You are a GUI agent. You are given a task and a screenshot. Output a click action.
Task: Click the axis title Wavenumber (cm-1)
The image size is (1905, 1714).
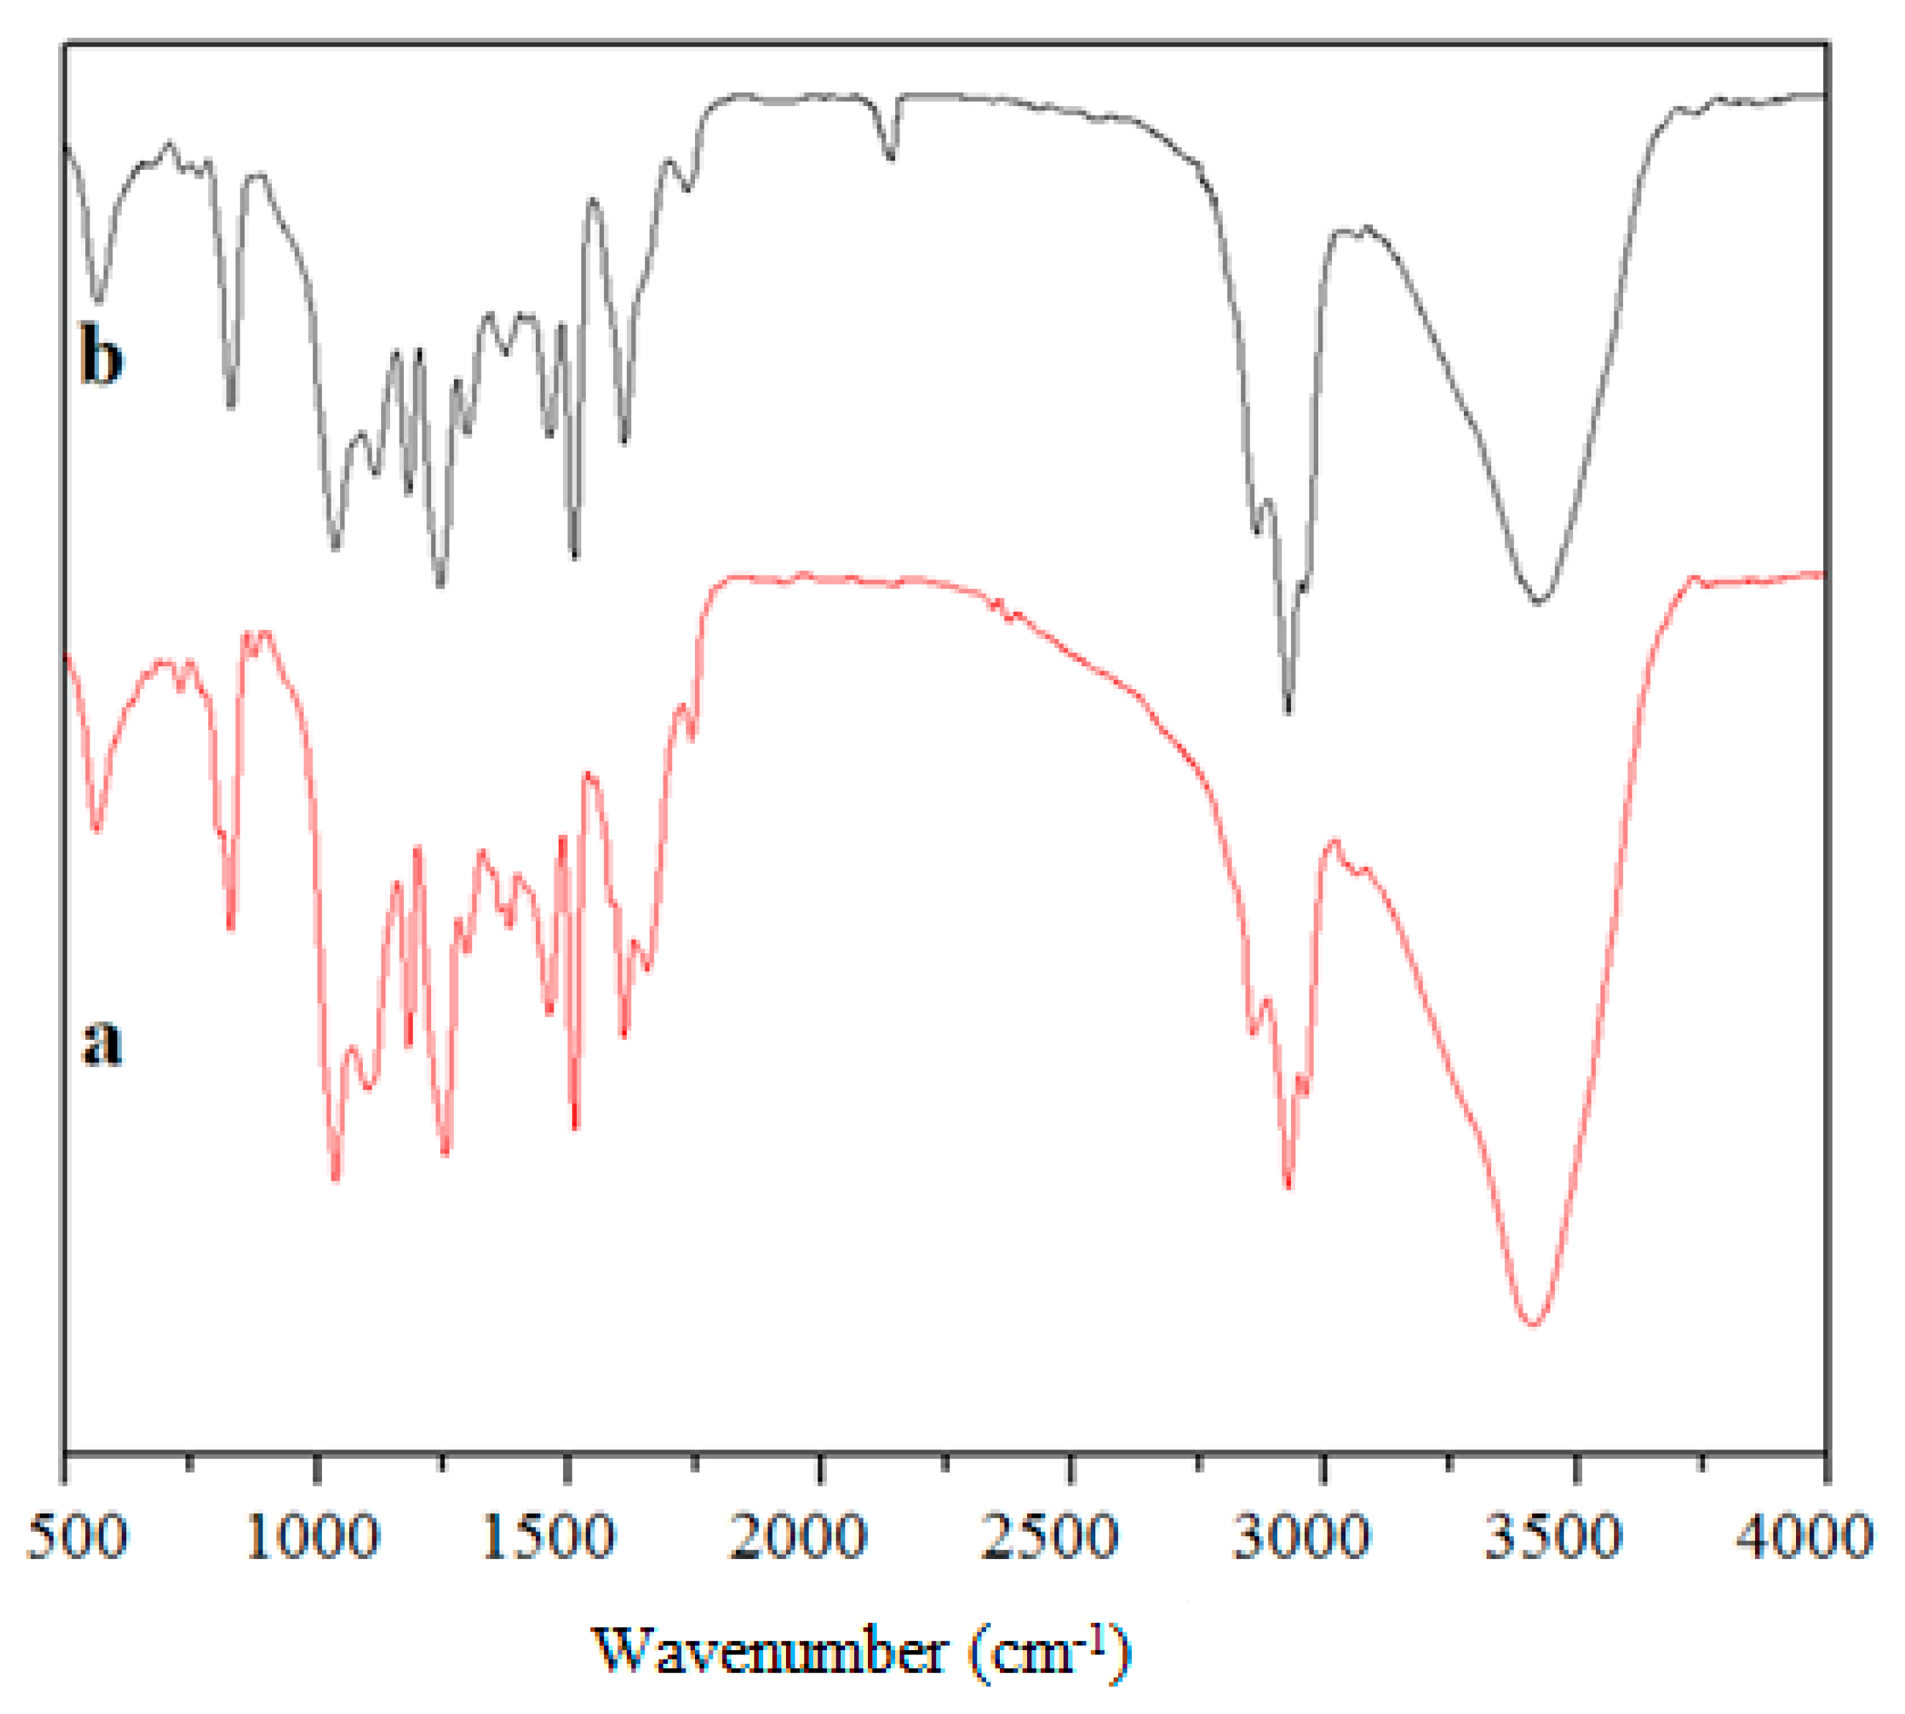click(x=861, y=1651)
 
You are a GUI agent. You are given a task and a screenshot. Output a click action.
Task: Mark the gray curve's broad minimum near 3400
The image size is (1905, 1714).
click(x=1538, y=601)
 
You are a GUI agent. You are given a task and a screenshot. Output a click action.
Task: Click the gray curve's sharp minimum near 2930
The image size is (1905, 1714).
click(x=1287, y=711)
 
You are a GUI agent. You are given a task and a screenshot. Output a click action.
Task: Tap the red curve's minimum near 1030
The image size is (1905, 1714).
click(x=335, y=1177)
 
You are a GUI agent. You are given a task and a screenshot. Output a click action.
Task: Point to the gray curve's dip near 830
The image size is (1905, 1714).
click(x=231, y=405)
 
